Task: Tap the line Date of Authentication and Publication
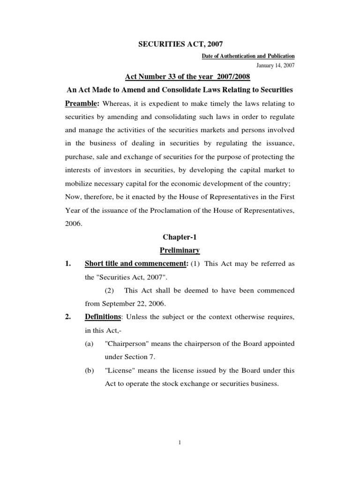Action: coord(248,56)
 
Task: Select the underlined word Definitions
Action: coord(102,317)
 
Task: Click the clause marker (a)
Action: coord(89,344)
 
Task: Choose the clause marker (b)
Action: coord(89,370)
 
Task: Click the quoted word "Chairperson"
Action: coord(127,344)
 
